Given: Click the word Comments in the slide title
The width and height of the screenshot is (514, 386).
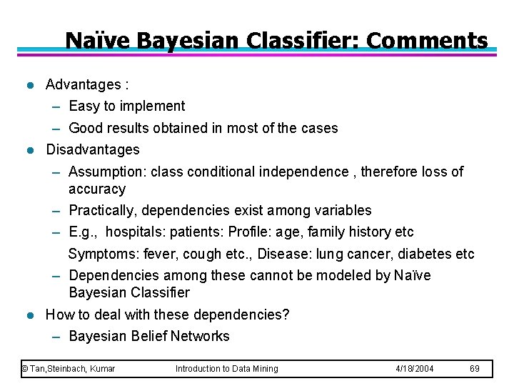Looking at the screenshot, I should pyautogui.click(x=428, y=41).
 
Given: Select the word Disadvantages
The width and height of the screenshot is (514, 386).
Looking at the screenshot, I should pyautogui.click(x=93, y=150).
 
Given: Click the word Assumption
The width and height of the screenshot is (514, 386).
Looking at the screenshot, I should pyautogui.click(x=104, y=172).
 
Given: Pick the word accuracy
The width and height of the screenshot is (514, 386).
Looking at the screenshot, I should pyautogui.click(x=97, y=189).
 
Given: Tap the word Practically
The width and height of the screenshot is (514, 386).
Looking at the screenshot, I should pyautogui.click(x=104, y=211).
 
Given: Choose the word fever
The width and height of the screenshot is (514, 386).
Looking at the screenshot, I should pyautogui.click(x=162, y=254).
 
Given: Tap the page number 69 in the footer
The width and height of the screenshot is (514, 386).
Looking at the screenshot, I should pyautogui.click(x=475, y=369).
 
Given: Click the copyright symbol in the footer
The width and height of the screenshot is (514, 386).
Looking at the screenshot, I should pyautogui.click(x=24, y=369).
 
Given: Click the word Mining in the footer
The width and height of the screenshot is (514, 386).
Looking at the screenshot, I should pyautogui.click(x=263, y=369).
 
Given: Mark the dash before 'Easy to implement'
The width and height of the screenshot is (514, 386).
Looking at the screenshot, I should pyautogui.click(x=56, y=107).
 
